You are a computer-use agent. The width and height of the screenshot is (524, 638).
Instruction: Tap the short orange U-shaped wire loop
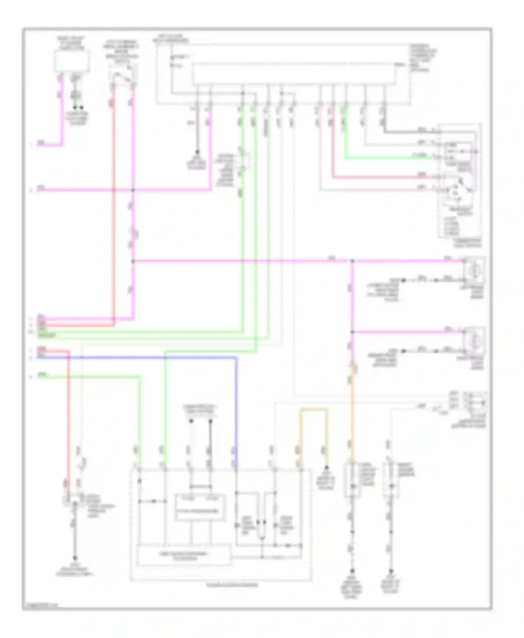pos(313,410)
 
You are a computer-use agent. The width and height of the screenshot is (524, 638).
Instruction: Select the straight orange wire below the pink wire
pos(352,419)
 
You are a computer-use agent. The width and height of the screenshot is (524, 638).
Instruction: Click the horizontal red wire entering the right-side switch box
pos(384,177)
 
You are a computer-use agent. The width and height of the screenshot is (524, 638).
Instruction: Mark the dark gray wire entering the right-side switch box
pos(409,132)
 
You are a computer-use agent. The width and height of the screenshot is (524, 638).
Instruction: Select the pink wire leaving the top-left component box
pos(62,112)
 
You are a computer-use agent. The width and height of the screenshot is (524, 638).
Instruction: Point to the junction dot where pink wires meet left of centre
pos(133,190)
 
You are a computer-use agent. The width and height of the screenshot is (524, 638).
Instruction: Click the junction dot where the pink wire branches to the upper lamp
pos(352,261)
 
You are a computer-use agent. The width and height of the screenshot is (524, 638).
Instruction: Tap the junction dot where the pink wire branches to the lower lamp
pos(352,332)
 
